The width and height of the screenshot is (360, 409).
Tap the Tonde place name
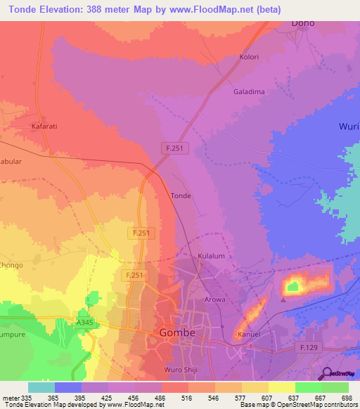tap(181, 196)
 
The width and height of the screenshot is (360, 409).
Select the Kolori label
tap(250, 57)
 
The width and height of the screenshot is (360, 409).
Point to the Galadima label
tap(247, 91)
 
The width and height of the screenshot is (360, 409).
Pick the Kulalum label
tap(211, 257)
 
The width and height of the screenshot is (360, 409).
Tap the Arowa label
tap(215, 300)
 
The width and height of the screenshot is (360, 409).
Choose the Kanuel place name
tap(249, 335)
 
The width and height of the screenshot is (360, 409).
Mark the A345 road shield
tap(85, 322)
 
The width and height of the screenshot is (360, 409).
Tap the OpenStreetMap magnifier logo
tap(326, 373)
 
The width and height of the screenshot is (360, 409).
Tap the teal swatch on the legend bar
tap(41, 387)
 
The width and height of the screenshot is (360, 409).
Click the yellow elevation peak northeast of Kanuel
tap(292, 285)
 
